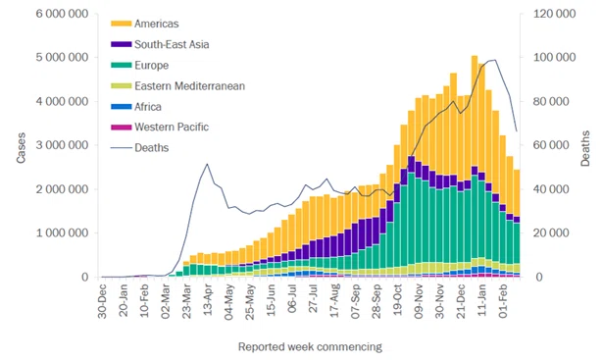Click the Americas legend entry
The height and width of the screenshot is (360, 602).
click(145, 24)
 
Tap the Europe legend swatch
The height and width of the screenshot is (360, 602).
click(121, 66)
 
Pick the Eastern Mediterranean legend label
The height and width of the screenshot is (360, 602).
click(189, 86)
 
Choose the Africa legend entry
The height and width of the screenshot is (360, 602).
click(136, 107)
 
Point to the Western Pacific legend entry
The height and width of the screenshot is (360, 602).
click(160, 128)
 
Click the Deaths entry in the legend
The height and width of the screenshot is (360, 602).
click(140, 148)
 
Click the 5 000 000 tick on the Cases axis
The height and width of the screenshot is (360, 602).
click(62, 58)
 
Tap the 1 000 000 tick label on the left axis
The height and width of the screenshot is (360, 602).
click(62, 233)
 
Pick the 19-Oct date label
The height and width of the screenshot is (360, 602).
click(397, 300)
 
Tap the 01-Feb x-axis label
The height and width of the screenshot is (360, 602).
click(503, 301)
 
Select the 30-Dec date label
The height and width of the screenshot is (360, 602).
click(103, 301)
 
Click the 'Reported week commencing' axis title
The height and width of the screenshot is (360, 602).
click(310, 347)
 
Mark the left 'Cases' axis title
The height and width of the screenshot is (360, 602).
click(22, 148)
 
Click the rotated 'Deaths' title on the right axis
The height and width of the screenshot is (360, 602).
click(585, 148)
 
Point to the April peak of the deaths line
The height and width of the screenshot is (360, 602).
click(207, 164)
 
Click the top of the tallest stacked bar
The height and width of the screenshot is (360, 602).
click(475, 56)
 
